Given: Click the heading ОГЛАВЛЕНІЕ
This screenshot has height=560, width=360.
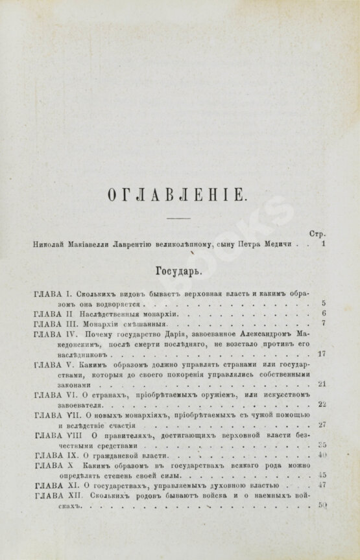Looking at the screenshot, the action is click(180, 193).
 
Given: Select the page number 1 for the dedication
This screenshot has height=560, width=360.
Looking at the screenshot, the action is click(322, 246).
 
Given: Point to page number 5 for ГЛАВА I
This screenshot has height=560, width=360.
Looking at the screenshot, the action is click(322, 303).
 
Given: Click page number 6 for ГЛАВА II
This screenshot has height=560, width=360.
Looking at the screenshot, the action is click(322, 313).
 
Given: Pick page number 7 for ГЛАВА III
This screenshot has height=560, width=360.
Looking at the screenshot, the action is click(322, 323).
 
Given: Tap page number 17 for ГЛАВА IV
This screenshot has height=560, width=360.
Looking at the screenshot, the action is click(322, 355).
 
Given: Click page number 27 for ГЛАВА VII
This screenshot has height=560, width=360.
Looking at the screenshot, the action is click(322, 425).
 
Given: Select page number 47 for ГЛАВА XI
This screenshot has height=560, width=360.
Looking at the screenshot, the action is click(322, 484).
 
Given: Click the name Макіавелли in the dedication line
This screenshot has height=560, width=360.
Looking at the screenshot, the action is click(93, 246).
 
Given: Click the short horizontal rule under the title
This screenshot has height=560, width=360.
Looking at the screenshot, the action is click(180, 220).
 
